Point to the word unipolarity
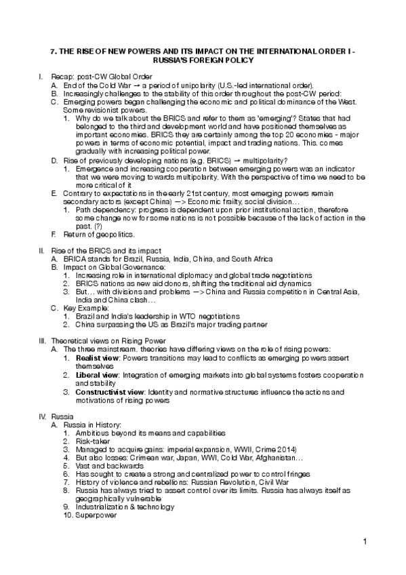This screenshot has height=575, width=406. coord(186,86)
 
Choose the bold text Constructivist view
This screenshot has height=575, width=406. coord(111,392)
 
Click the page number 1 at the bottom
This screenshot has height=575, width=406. coord(365,541)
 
